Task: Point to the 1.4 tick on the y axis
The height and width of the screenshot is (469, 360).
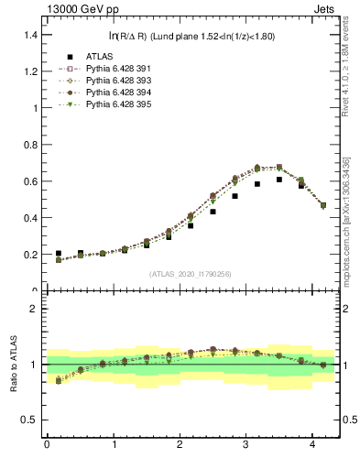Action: pos(31,34)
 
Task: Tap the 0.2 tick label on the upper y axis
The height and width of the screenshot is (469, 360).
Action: pos(31,255)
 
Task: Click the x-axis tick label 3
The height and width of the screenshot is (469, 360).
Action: pos(246,445)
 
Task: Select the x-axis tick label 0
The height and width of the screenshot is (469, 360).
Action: pos(47,445)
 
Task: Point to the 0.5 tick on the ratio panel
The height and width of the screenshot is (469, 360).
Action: pos(31,420)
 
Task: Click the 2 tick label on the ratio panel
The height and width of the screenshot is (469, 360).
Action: pos(35,309)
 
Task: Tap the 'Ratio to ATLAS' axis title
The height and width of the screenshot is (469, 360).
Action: pos(13,365)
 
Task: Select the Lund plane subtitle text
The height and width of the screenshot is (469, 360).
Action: pos(192,36)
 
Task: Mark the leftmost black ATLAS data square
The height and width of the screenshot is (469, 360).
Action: pos(59,254)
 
